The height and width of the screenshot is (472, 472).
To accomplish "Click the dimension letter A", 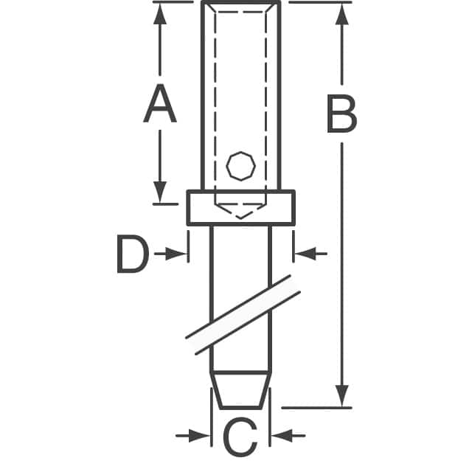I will (160, 105).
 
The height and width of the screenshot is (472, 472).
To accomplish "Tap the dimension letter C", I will (240, 437).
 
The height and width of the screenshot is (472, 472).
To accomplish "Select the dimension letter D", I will (133, 254).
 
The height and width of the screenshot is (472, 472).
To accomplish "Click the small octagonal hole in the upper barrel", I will (240, 165).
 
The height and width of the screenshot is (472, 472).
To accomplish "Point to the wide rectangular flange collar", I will (240, 207).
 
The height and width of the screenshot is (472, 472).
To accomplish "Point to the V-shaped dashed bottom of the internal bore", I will (240, 211).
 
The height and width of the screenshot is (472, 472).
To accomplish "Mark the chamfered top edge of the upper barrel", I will (240, 7).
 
